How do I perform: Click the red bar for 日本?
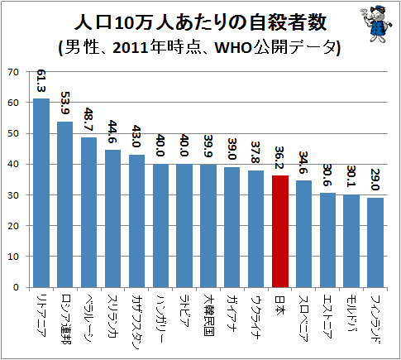click(280, 231)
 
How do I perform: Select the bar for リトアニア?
click(41, 193)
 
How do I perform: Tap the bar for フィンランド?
click(375, 242)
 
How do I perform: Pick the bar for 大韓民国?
click(208, 226)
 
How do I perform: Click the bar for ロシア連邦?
click(65, 204)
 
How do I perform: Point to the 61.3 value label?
click(41, 80)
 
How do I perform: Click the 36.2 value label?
click(280, 157)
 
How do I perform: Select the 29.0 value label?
click(375, 180)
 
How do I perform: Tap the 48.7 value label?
click(89, 119)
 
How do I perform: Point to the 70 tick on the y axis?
click(13, 72)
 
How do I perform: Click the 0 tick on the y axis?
click(16, 287)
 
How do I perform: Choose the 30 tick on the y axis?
click(13, 195)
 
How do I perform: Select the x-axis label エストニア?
click(327, 317)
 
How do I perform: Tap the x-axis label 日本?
click(280, 305)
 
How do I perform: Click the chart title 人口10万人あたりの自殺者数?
click(200, 22)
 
